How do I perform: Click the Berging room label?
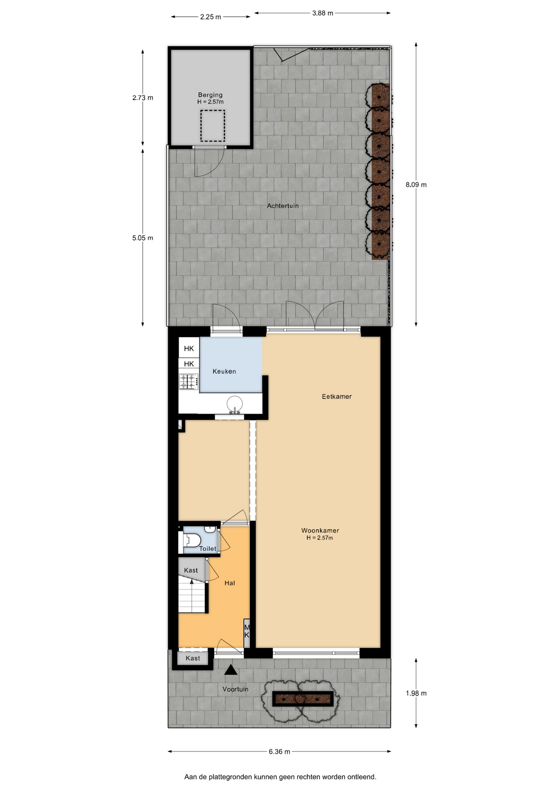[210, 95]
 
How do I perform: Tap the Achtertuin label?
[283, 206]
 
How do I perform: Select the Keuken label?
[224, 371]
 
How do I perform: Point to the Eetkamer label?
[337, 396]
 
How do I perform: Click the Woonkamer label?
[320, 531]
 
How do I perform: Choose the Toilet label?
[207, 548]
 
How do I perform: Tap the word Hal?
[230, 583]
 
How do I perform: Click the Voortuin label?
[235, 689]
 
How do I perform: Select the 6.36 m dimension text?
[279, 751]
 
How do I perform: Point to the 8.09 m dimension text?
[416, 185]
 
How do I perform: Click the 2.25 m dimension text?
[210, 17]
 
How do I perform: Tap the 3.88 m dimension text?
[323, 13]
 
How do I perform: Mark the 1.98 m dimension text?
[416, 693]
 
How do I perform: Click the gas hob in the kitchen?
[189, 381]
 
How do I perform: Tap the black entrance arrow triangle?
[231, 670]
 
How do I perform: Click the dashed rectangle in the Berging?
[212, 126]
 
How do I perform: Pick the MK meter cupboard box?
[247, 631]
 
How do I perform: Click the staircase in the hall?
[192, 597]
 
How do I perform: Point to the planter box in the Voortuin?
[303, 699]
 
